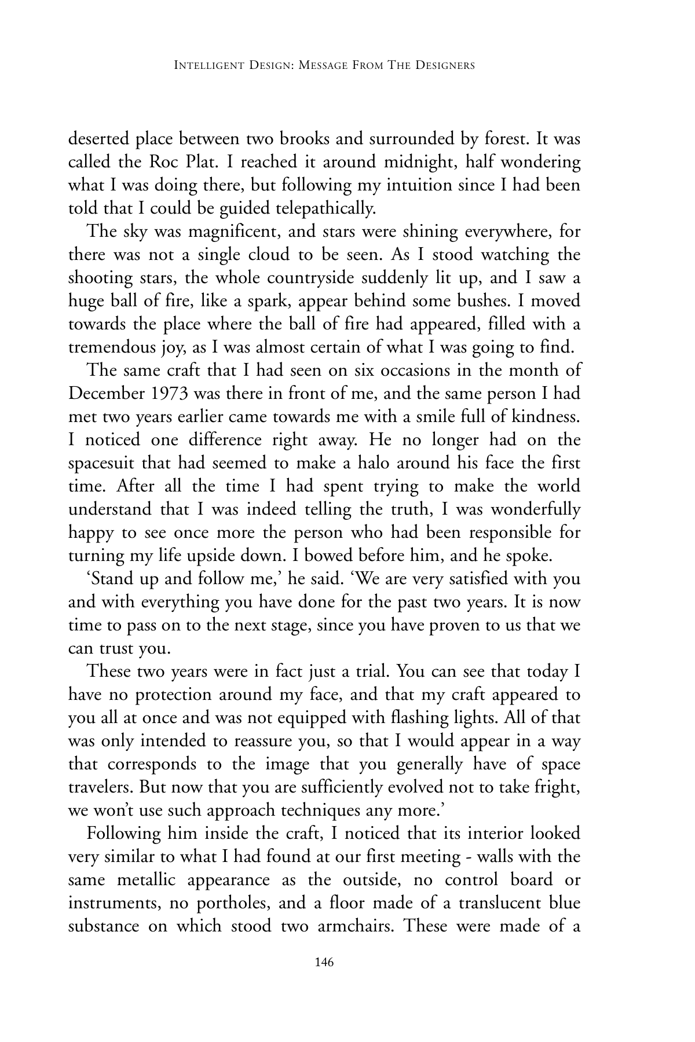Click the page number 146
point(324,963)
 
